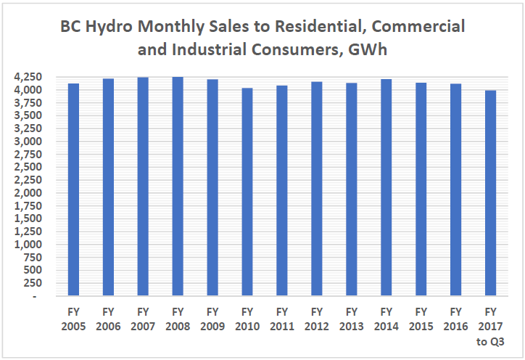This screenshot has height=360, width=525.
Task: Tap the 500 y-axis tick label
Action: (x=34, y=271)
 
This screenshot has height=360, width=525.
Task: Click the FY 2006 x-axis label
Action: (x=108, y=319)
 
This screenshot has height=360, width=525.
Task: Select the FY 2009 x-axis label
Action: (x=212, y=319)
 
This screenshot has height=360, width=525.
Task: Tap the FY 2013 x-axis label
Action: (x=352, y=319)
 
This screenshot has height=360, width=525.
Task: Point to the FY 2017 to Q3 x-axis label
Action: (x=491, y=326)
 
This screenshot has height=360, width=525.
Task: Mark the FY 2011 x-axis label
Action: (x=282, y=319)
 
